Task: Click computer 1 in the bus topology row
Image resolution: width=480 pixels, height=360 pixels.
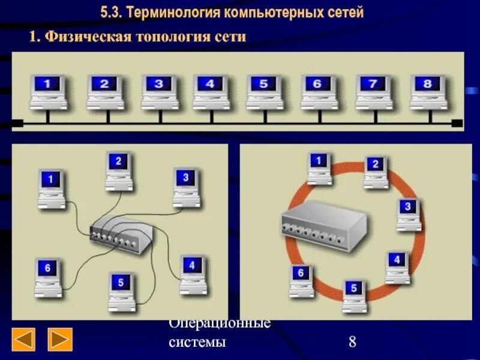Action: (49, 91)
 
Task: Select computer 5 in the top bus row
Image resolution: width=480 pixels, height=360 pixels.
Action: (263, 91)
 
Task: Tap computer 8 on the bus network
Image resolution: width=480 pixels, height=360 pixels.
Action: (428, 91)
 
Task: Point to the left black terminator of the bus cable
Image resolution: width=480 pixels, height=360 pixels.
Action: (17, 124)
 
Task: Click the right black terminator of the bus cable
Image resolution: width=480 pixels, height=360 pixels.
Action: (457, 124)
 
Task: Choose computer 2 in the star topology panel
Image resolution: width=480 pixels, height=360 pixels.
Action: (118, 170)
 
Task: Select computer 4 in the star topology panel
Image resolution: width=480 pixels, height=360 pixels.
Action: (191, 273)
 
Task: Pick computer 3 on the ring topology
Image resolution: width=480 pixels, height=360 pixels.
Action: (408, 214)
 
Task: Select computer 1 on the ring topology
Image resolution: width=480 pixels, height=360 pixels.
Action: (319, 167)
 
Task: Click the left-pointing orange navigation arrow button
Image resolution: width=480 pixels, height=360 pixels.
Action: (24, 339)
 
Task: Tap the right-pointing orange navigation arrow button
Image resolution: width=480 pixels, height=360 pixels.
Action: (60, 339)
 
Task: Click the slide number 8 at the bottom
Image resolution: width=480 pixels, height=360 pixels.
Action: (352, 343)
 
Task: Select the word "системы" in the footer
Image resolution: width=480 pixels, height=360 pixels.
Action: (197, 343)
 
